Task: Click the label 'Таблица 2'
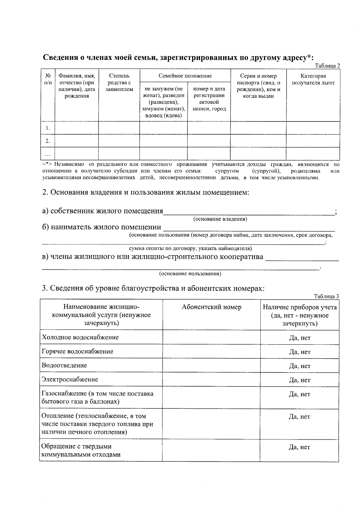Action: pyautogui.click(x=327, y=66)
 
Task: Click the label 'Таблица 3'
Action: pyautogui.click(x=326, y=296)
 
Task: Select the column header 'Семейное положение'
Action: pyautogui.click(x=185, y=76)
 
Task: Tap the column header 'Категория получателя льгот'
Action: pyautogui.click(x=313, y=79)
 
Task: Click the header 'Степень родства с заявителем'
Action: pyautogui.click(x=119, y=82)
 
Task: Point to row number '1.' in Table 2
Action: pyautogui.click(x=48, y=128)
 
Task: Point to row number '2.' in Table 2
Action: pyautogui.click(x=48, y=141)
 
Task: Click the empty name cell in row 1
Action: pyautogui.click(x=77, y=128)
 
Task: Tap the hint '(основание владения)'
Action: pyautogui.click(x=220, y=219)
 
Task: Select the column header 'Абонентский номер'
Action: pyautogui.click(x=211, y=307)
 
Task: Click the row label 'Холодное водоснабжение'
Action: pyautogui.click(x=80, y=337)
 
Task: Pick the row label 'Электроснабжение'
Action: pyautogui.click(x=70, y=379)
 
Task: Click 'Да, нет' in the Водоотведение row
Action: pyautogui.click(x=300, y=366)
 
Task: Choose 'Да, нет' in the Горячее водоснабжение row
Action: pyautogui.click(x=300, y=352)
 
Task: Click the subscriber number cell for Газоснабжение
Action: pyautogui.click(x=211, y=398)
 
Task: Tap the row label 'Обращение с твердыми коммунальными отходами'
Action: pyautogui.click(x=81, y=451)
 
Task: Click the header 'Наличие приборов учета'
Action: pyautogui.click(x=300, y=307)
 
